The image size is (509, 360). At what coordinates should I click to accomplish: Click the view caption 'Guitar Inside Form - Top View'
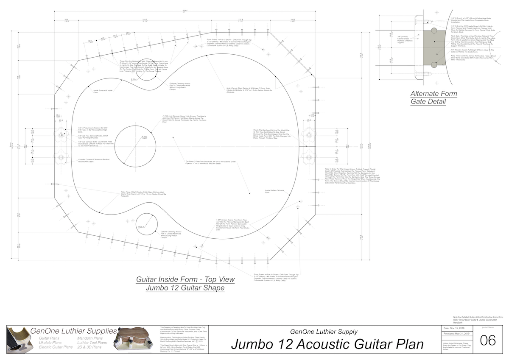coord(185,280)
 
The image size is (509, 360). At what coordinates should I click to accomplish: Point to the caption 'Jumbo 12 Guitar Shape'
coord(185,288)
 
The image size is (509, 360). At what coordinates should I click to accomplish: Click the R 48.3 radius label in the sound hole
coord(144,137)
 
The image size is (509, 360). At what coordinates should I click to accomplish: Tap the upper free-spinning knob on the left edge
coord(61,135)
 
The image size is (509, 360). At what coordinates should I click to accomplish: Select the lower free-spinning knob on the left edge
coord(61,157)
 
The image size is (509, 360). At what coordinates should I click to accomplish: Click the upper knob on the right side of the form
coord(308,135)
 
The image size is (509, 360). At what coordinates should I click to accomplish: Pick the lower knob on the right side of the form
coord(308,157)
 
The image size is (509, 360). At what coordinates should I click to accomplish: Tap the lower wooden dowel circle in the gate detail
coord(434,65)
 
